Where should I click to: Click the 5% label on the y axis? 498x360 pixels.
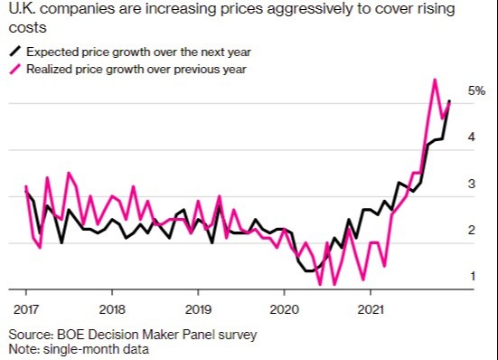click(x=476, y=91)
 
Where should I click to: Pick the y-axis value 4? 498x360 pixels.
click(x=472, y=137)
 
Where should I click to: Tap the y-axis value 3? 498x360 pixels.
click(x=472, y=184)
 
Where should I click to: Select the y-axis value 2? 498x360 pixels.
click(x=472, y=230)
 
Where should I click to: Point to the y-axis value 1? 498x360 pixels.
click(x=472, y=276)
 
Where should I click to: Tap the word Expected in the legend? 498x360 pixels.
click(x=55, y=53)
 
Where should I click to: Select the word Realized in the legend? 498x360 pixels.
click(x=53, y=70)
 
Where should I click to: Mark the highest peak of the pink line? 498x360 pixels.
click(x=435, y=80)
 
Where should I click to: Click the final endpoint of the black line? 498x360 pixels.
click(x=450, y=101)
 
